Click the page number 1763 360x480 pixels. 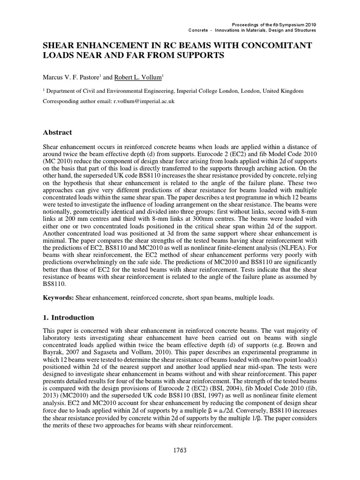click(x=180, y=450)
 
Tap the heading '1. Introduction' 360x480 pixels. click(x=68, y=317)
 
